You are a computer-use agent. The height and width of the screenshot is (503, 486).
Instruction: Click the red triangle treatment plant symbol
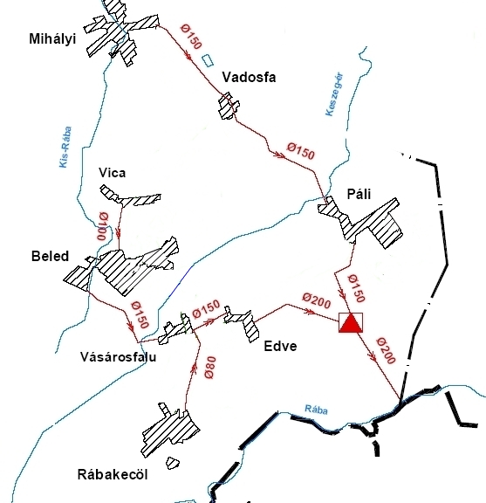pos(351,323)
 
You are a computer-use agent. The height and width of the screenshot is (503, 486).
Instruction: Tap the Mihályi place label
pos(52,39)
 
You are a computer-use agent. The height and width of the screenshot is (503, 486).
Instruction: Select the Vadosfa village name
pos(249,78)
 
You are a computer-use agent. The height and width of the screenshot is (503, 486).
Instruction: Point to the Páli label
pos(359,194)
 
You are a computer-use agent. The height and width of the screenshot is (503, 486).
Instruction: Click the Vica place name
pos(113,173)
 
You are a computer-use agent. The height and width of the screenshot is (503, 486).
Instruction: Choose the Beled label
pos(50,257)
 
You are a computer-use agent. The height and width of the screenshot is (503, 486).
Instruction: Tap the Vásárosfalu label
pos(119,356)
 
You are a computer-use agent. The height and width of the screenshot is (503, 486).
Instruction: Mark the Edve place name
pos(280,346)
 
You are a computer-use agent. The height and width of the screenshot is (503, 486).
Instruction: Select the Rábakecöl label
pos(113,474)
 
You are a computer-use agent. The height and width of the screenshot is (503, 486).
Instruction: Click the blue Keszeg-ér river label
pos(334,94)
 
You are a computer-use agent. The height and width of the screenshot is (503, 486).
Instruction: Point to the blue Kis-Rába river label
pos(65,147)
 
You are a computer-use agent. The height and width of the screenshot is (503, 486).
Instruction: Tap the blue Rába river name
pos(316,410)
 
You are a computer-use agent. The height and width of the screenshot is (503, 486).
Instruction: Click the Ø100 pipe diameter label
pos(103,226)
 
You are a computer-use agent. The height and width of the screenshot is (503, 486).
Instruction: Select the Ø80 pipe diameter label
pos(210,368)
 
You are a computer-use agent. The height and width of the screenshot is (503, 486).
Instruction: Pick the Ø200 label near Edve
pos(317,301)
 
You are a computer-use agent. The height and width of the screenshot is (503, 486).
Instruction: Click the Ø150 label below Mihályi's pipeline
pos(192,37)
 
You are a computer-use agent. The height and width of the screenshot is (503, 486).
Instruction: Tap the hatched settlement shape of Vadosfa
pos(229,106)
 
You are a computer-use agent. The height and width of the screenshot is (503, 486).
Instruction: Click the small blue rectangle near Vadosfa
pos(208,60)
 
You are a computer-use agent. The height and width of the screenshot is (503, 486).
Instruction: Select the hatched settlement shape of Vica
pos(130,196)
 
